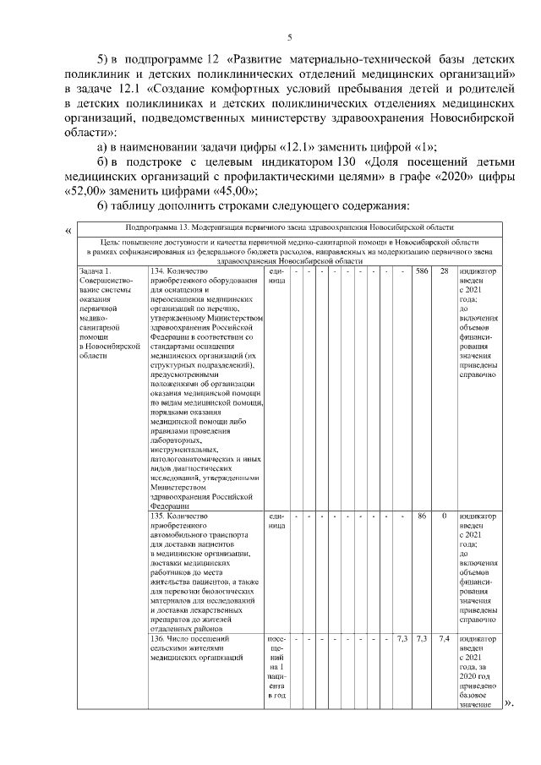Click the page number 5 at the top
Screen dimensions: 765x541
point(289,36)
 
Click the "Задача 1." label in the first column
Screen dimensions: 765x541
point(94,271)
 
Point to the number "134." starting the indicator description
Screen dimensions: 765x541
point(157,271)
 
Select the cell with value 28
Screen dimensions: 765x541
point(444,271)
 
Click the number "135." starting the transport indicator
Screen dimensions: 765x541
point(157,516)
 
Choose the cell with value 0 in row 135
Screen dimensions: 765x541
point(444,516)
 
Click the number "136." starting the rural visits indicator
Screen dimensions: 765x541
point(157,638)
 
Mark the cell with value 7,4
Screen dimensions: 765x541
point(444,638)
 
